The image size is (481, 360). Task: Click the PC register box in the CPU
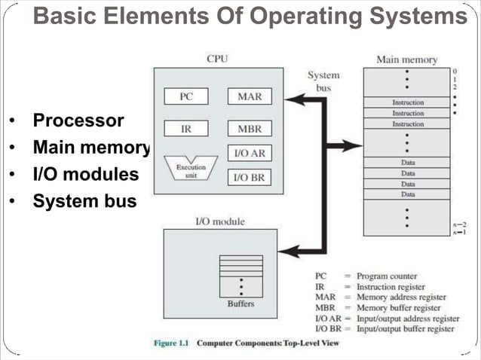point(186,96)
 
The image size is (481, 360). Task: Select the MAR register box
point(249,96)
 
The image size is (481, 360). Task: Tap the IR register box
point(186,129)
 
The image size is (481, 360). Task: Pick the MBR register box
point(249,129)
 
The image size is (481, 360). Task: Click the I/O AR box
point(249,152)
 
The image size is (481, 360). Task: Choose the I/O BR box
point(249,178)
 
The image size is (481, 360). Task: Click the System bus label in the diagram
point(323,81)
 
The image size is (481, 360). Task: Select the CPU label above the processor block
point(217,58)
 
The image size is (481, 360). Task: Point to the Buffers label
point(240,304)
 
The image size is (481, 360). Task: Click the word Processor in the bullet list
point(78,121)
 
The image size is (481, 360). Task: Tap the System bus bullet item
point(84,201)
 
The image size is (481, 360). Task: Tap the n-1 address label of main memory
point(460,233)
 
